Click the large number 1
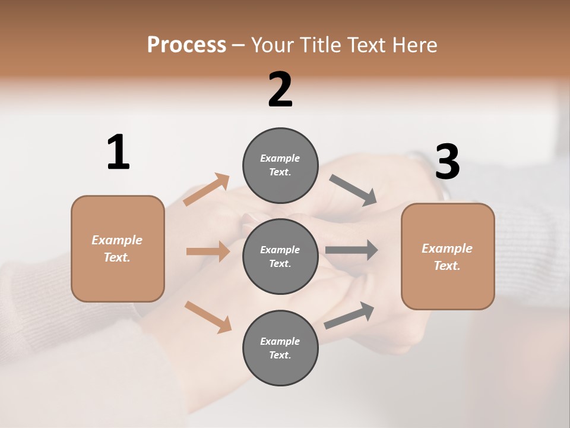tap(118, 153)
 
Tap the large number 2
tap(280, 90)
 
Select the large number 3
tap(447, 162)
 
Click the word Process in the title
tap(186, 45)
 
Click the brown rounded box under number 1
tap(118, 248)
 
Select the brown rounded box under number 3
tap(448, 256)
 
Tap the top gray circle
tap(280, 165)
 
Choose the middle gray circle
tap(280, 256)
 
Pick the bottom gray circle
tap(280, 348)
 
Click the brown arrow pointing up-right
tap(207, 189)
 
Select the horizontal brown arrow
tap(208, 251)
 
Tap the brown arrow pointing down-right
tap(208, 316)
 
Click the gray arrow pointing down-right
tap(353, 190)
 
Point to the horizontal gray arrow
tap(351, 250)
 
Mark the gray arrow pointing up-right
tap(349, 315)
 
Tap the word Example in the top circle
tap(280, 158)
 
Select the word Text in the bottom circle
tap(279, 355)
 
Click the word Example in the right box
tap(447, 248)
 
